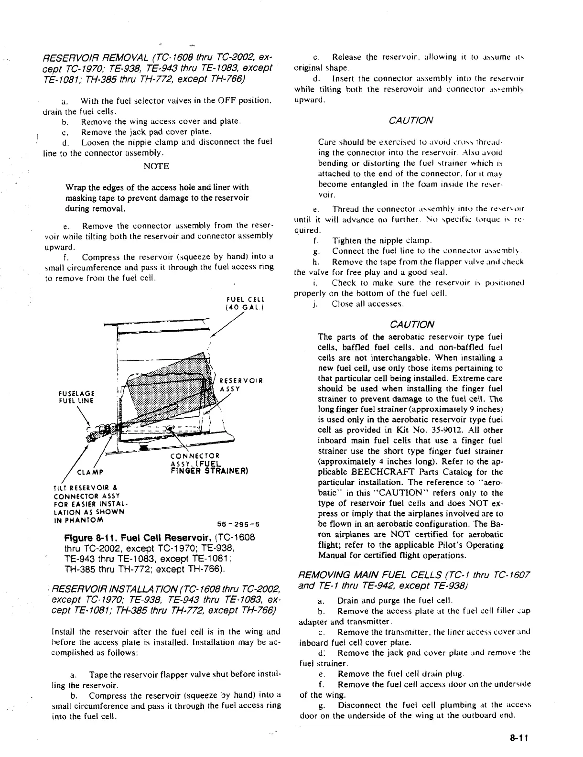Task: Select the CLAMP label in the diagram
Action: (x=86, y=474)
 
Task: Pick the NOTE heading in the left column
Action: (x=156, y=166)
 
